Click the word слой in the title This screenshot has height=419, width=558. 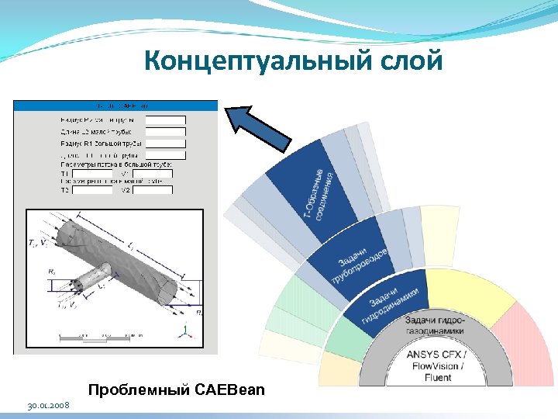click(415, 61)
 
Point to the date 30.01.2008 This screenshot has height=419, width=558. click(47, 406)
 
